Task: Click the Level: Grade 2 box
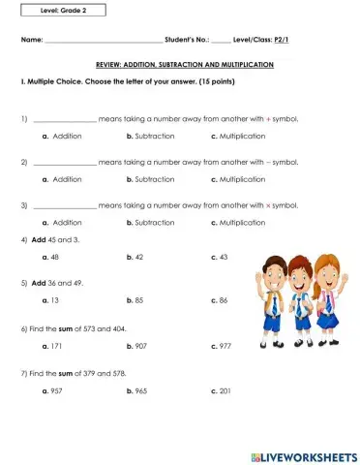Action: click(x=62, y=11)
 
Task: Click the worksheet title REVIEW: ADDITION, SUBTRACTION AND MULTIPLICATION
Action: click(x=184, y=64)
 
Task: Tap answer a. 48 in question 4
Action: click(x=50, y=257)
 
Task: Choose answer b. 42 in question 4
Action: click(x=135, y=257)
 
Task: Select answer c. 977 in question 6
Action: click(x=221, y=345)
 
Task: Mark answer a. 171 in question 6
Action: click(x=52, y=345)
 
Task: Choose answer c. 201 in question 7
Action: click(x=221, y=389)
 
